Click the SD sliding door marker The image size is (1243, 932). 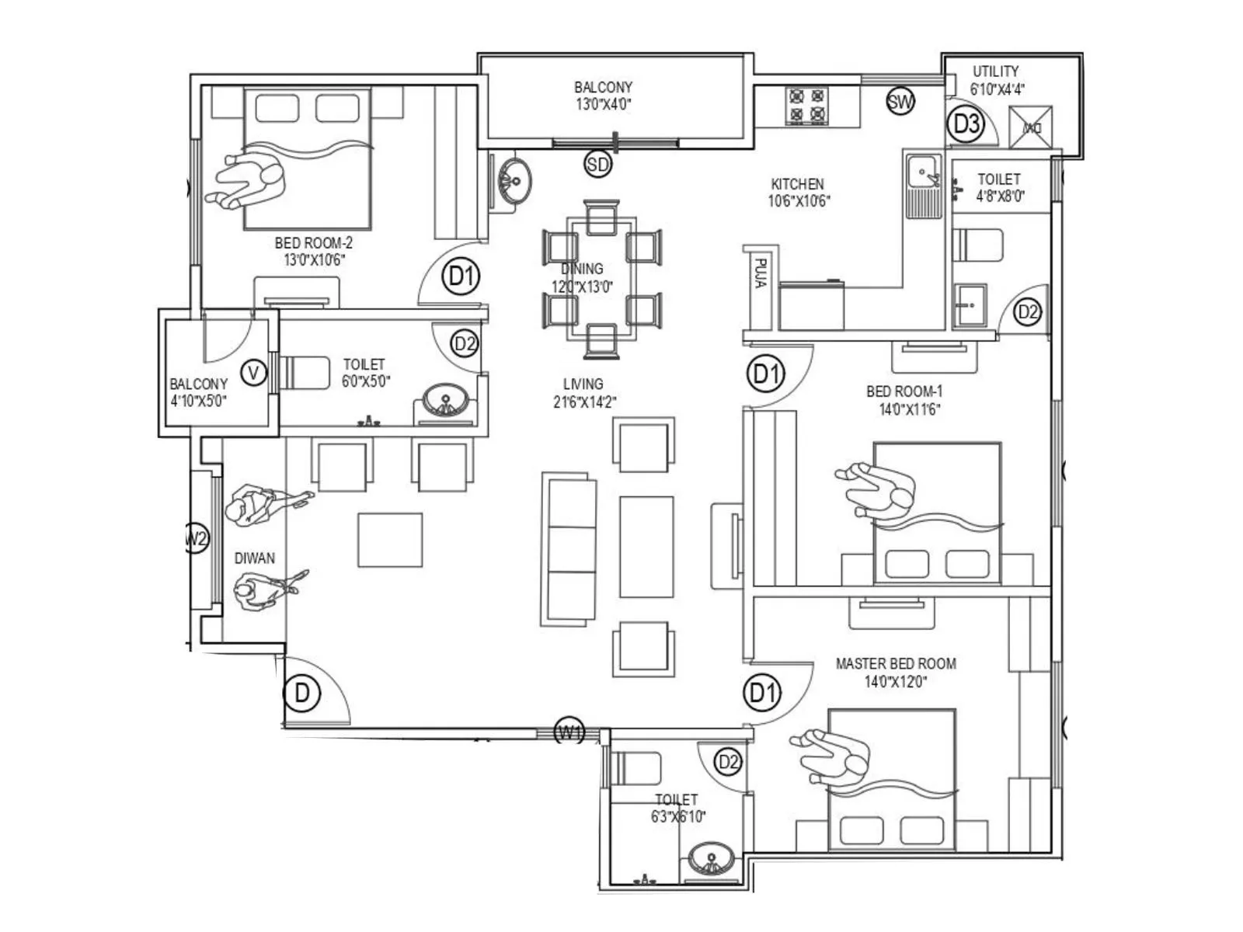tap(597, 164)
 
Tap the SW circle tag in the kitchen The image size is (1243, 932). tap(900, 101)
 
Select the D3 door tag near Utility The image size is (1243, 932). tap(967, 123)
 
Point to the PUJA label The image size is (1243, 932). tap(761, 274)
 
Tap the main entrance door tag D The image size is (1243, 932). tap(302, 692)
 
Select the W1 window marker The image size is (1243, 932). tap(569, 732)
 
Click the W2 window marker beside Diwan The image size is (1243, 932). tap(197, 537)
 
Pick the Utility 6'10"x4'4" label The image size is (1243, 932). tap(997, 80)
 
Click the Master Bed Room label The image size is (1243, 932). tap(896, 673)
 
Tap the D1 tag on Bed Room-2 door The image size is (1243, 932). tap(461, 276)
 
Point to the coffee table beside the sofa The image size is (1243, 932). tap(646, 547)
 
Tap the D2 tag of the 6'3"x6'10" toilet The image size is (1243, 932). tap(728, 762)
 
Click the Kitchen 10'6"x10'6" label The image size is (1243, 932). tap(798, 193)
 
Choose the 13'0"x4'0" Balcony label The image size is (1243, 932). tap(603, 96)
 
